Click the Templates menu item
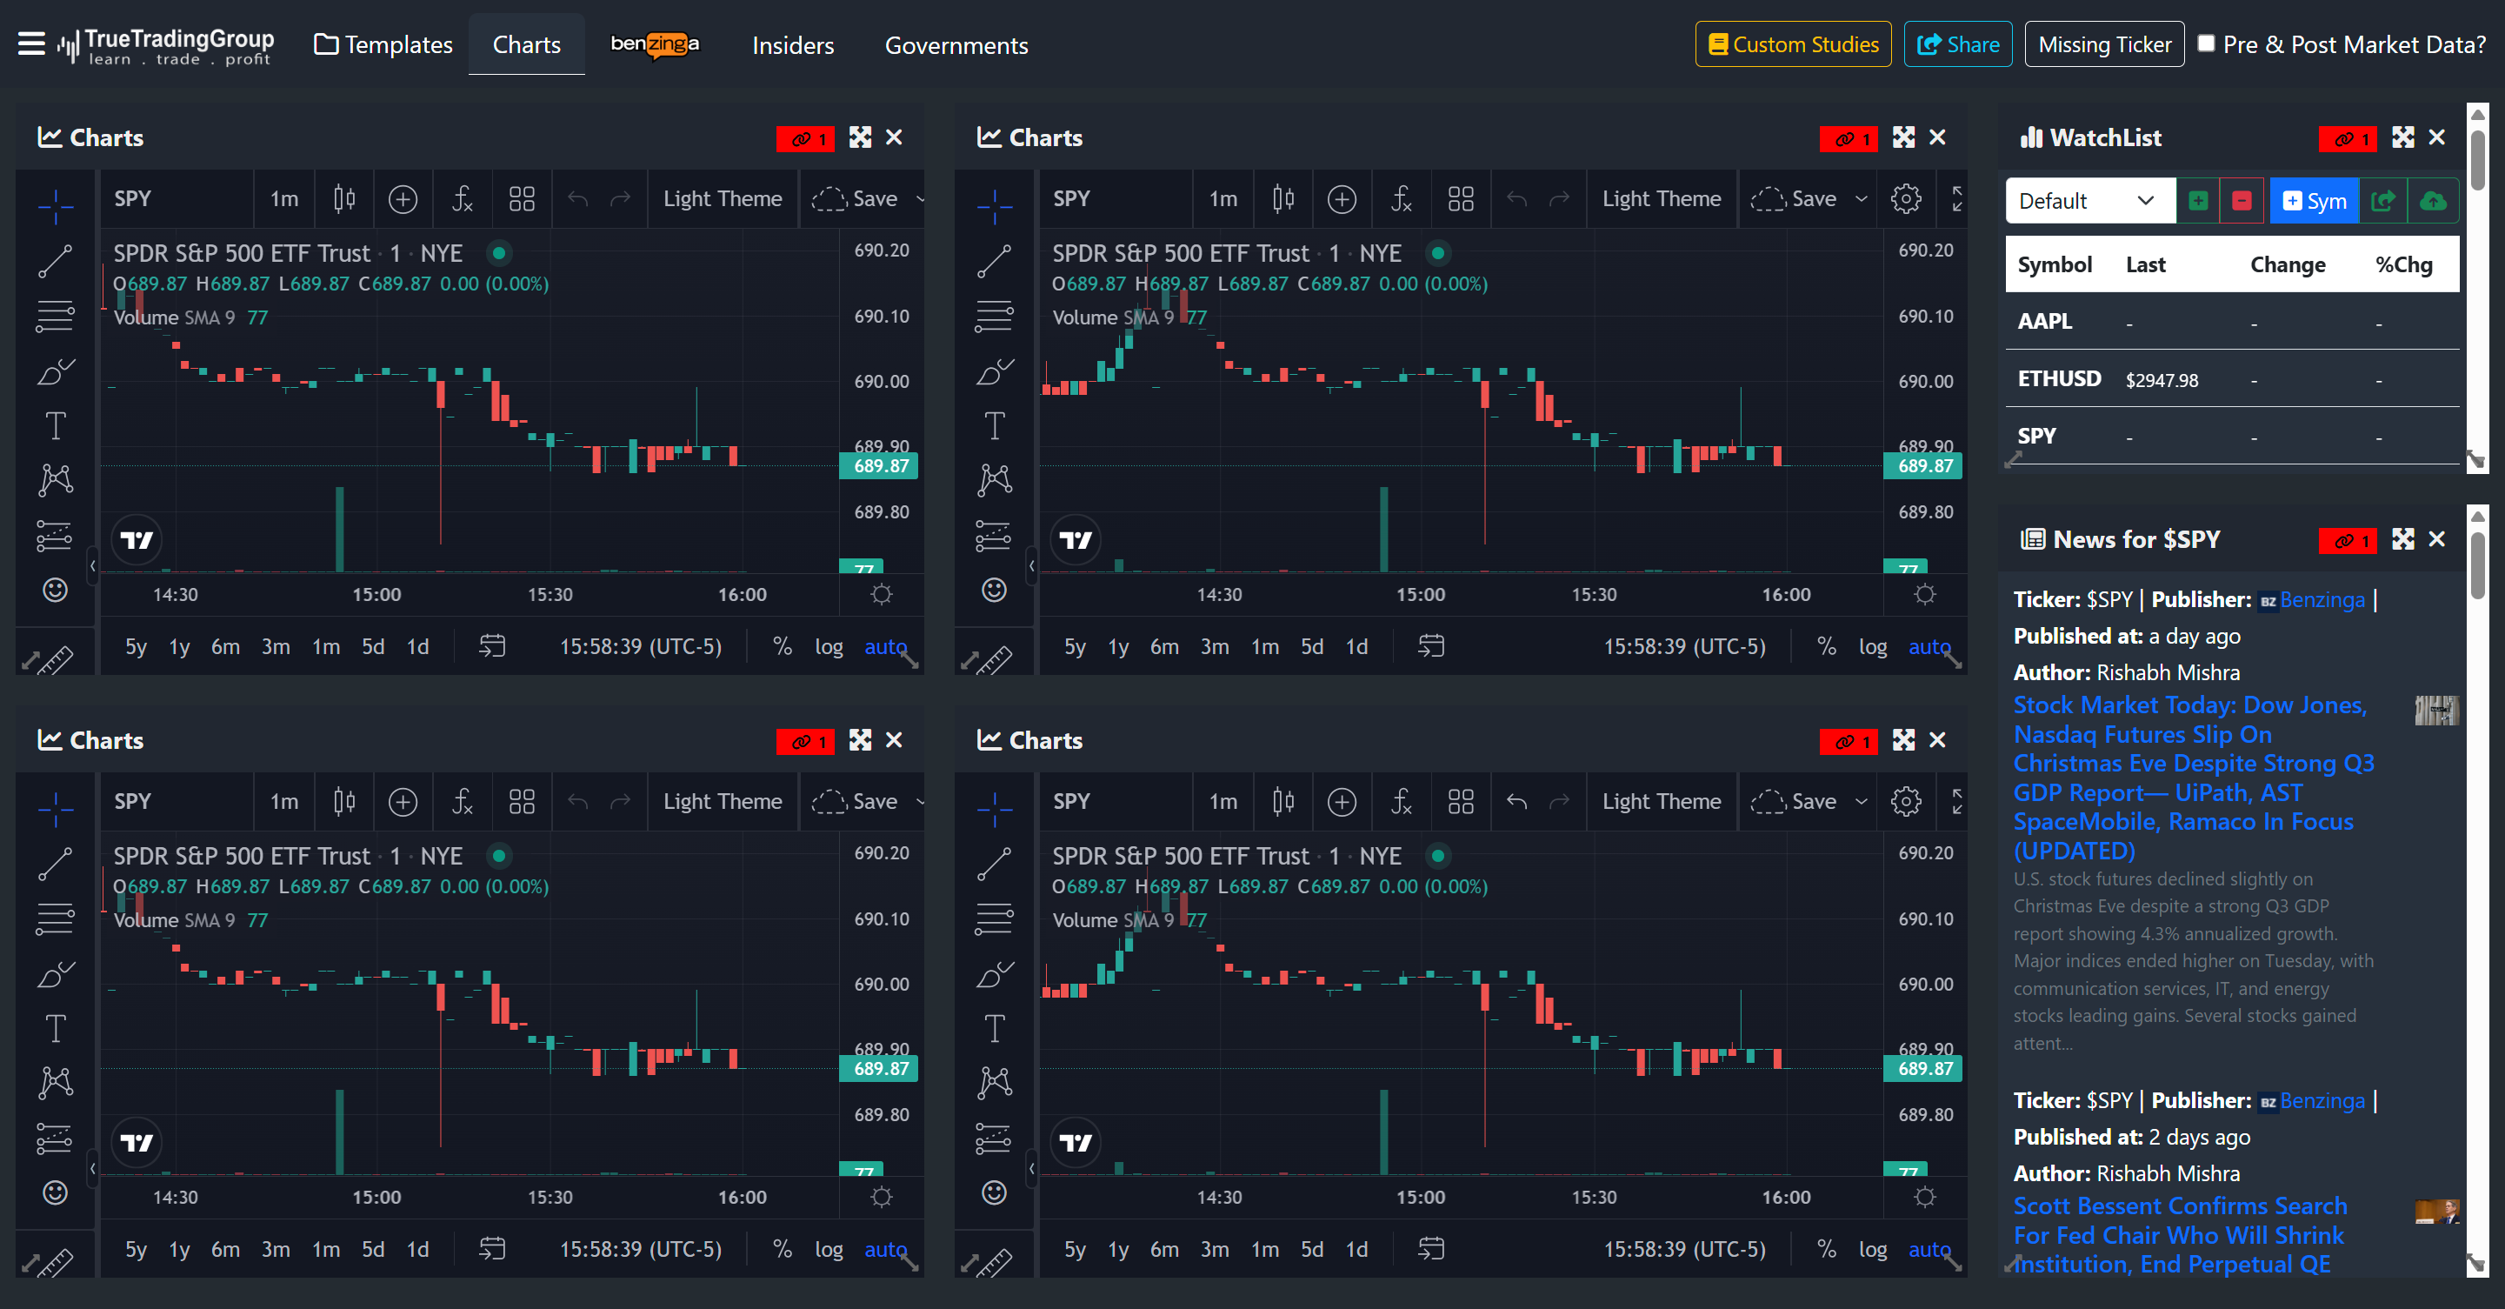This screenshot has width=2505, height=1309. (x=384, y=44)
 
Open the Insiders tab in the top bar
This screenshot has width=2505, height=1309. (x=792, y=44)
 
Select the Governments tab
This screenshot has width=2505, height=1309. (x=956, y=44)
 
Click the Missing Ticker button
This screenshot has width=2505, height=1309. (x=2103, y=44)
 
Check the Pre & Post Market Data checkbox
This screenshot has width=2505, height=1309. (x=2207, y=43)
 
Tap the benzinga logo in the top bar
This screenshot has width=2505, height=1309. (x=655, y=44)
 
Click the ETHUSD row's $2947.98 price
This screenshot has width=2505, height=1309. (x=2161, y=380)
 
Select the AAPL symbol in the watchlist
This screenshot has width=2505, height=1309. (x=2044, y=321)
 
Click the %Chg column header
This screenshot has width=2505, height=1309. (x=2403, y=264)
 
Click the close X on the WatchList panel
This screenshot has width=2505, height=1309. (x=2436, y=137)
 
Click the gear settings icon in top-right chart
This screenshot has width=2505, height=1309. (x=1905, y=198)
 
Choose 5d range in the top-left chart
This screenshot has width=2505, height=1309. (x=372, y=647)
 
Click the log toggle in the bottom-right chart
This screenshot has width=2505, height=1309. (x=1872, y=1249)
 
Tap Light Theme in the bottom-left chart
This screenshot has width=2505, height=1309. (x=722, y=801)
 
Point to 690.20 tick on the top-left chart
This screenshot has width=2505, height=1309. (x=881, y=250)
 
